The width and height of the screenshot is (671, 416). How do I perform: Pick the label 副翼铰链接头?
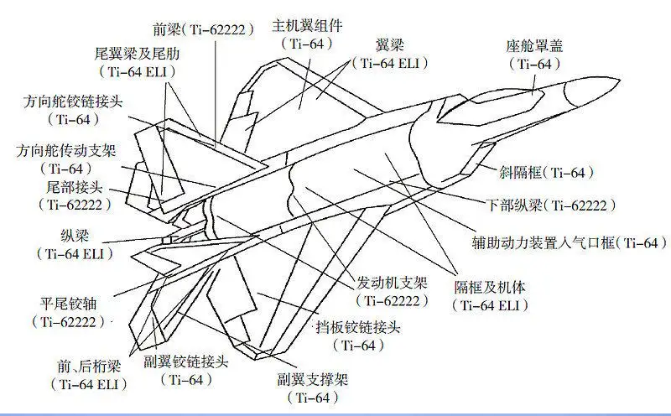(185, 362)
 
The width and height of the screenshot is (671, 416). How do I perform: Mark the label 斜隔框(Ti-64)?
(544, 173)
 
